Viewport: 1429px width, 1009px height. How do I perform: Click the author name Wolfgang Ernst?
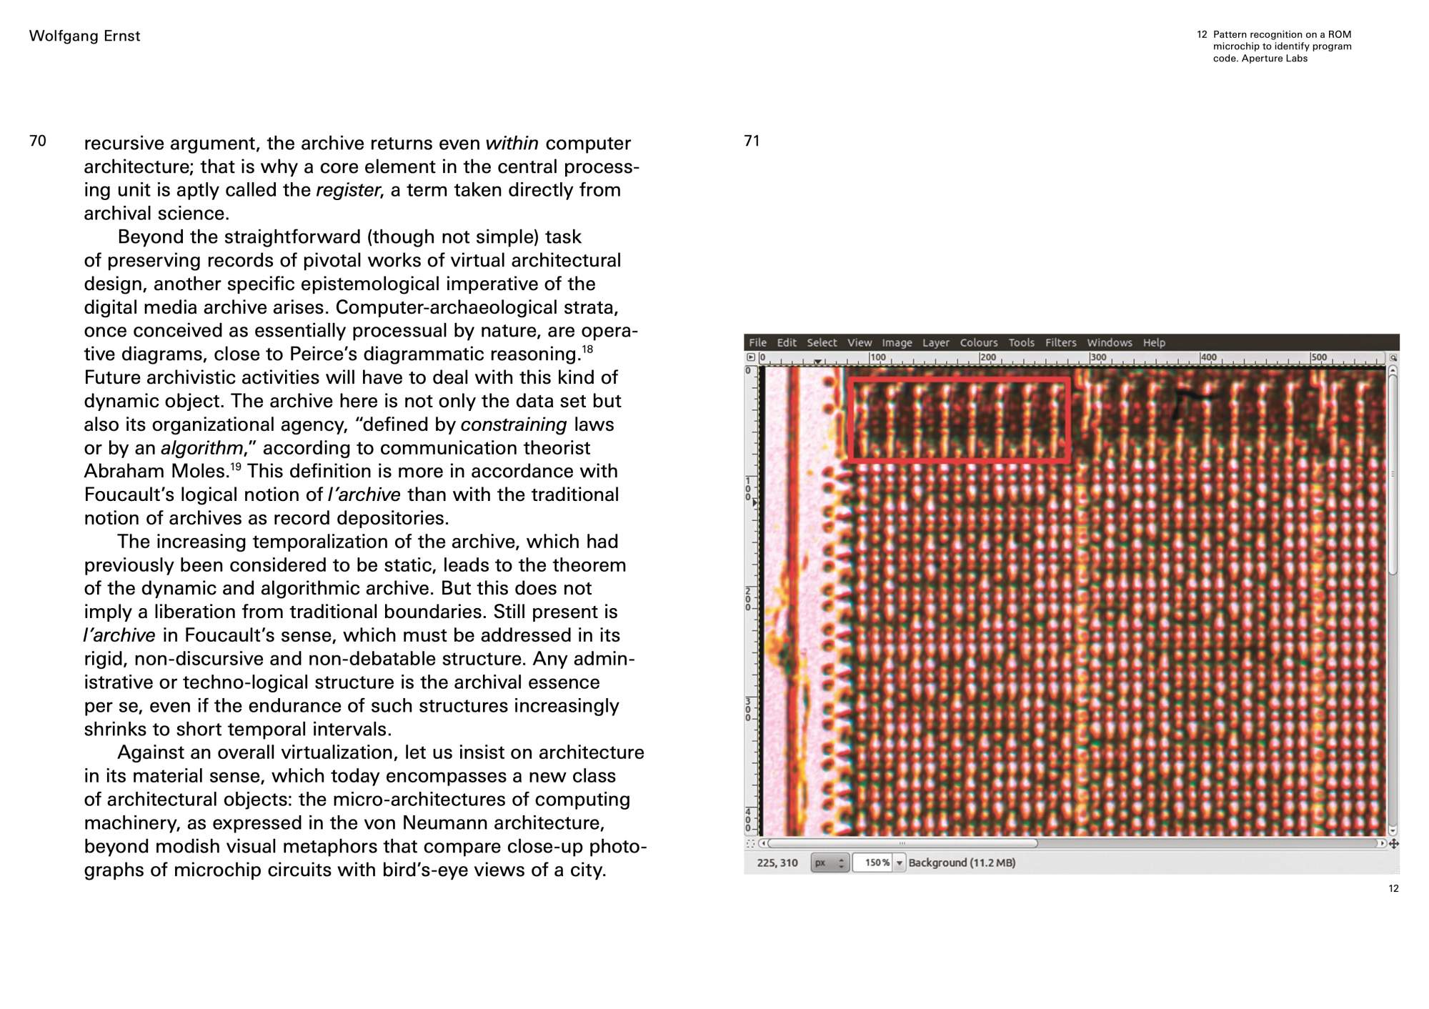(84, 36)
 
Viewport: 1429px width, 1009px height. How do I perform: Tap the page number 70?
(38, 141)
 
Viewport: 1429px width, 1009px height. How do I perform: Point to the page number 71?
(752, 141)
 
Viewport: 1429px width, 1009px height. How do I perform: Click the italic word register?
(348, 190)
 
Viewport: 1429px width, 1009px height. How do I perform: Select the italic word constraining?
(514, 424)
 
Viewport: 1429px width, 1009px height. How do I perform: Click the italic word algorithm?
(202, 448)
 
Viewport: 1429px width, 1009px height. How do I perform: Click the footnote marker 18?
(587, 349)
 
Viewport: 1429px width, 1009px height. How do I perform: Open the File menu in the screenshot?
(757, 343)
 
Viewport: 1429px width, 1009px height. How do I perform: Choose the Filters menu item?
(1060, 343)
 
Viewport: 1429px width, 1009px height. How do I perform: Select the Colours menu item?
(978, 343)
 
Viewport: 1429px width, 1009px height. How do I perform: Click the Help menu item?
(1154, 343)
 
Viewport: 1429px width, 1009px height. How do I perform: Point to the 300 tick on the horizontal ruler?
(1098, 357)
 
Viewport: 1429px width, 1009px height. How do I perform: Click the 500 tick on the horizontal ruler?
(1319, 357)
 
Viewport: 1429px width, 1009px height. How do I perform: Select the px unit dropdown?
(830, 863)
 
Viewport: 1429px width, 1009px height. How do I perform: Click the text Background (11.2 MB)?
(962, 863)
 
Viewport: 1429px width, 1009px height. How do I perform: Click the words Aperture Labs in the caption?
(1275, 59)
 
